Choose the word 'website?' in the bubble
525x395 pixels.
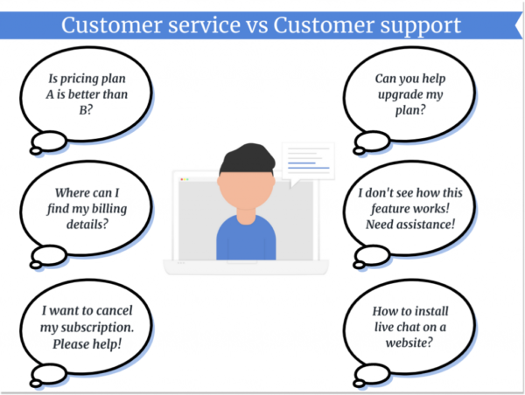pyautogui.click(x=405, y=342)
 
